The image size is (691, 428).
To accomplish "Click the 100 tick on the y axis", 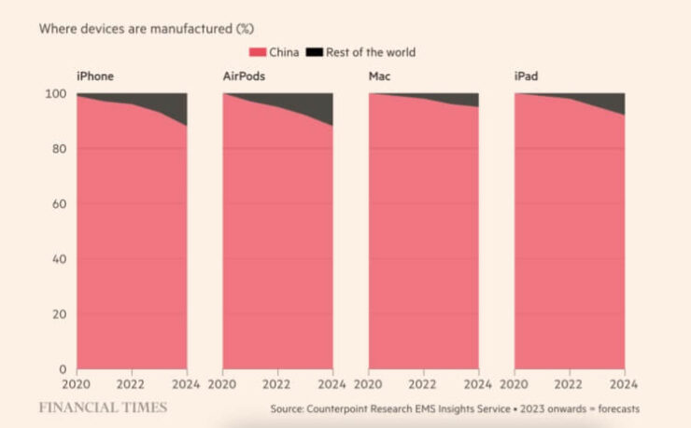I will click(57, 94).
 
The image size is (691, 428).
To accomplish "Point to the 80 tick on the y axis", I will click(61, 149).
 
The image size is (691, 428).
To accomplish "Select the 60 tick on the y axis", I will click(61, 204).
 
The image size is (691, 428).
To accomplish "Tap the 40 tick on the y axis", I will click(61, 259).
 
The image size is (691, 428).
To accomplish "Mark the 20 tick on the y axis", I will click(61, 314).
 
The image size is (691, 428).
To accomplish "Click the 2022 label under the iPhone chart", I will click(131, 384).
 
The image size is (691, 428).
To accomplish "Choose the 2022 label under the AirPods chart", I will click(277, 384).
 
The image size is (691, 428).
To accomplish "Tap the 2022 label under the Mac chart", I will click(424, 384).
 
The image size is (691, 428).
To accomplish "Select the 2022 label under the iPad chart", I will click(570, 384).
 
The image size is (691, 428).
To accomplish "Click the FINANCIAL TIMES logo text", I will click(103, 407).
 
